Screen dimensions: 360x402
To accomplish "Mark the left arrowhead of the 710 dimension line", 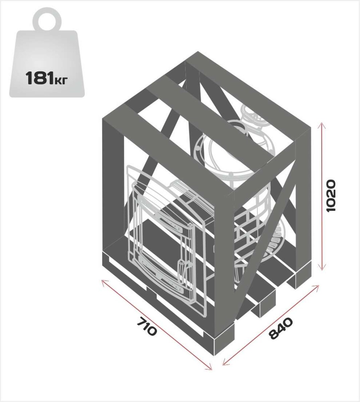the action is coord(104,283).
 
